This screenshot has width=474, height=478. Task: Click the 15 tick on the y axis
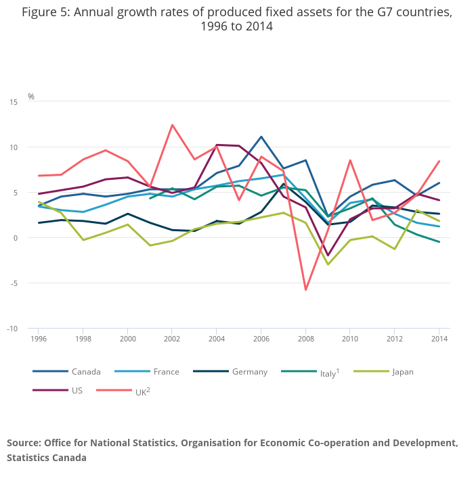coord(14,102)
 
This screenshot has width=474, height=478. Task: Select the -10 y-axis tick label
coord(12,329)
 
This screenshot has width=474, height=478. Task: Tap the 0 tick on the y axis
coord(16,238)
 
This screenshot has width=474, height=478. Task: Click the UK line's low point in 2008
coord(306,290)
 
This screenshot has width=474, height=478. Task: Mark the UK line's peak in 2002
coord(172,125)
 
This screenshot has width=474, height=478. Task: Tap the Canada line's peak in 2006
coord(261,137)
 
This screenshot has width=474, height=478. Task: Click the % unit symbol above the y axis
coord(31,97)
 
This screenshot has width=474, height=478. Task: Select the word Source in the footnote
coord(23,443)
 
